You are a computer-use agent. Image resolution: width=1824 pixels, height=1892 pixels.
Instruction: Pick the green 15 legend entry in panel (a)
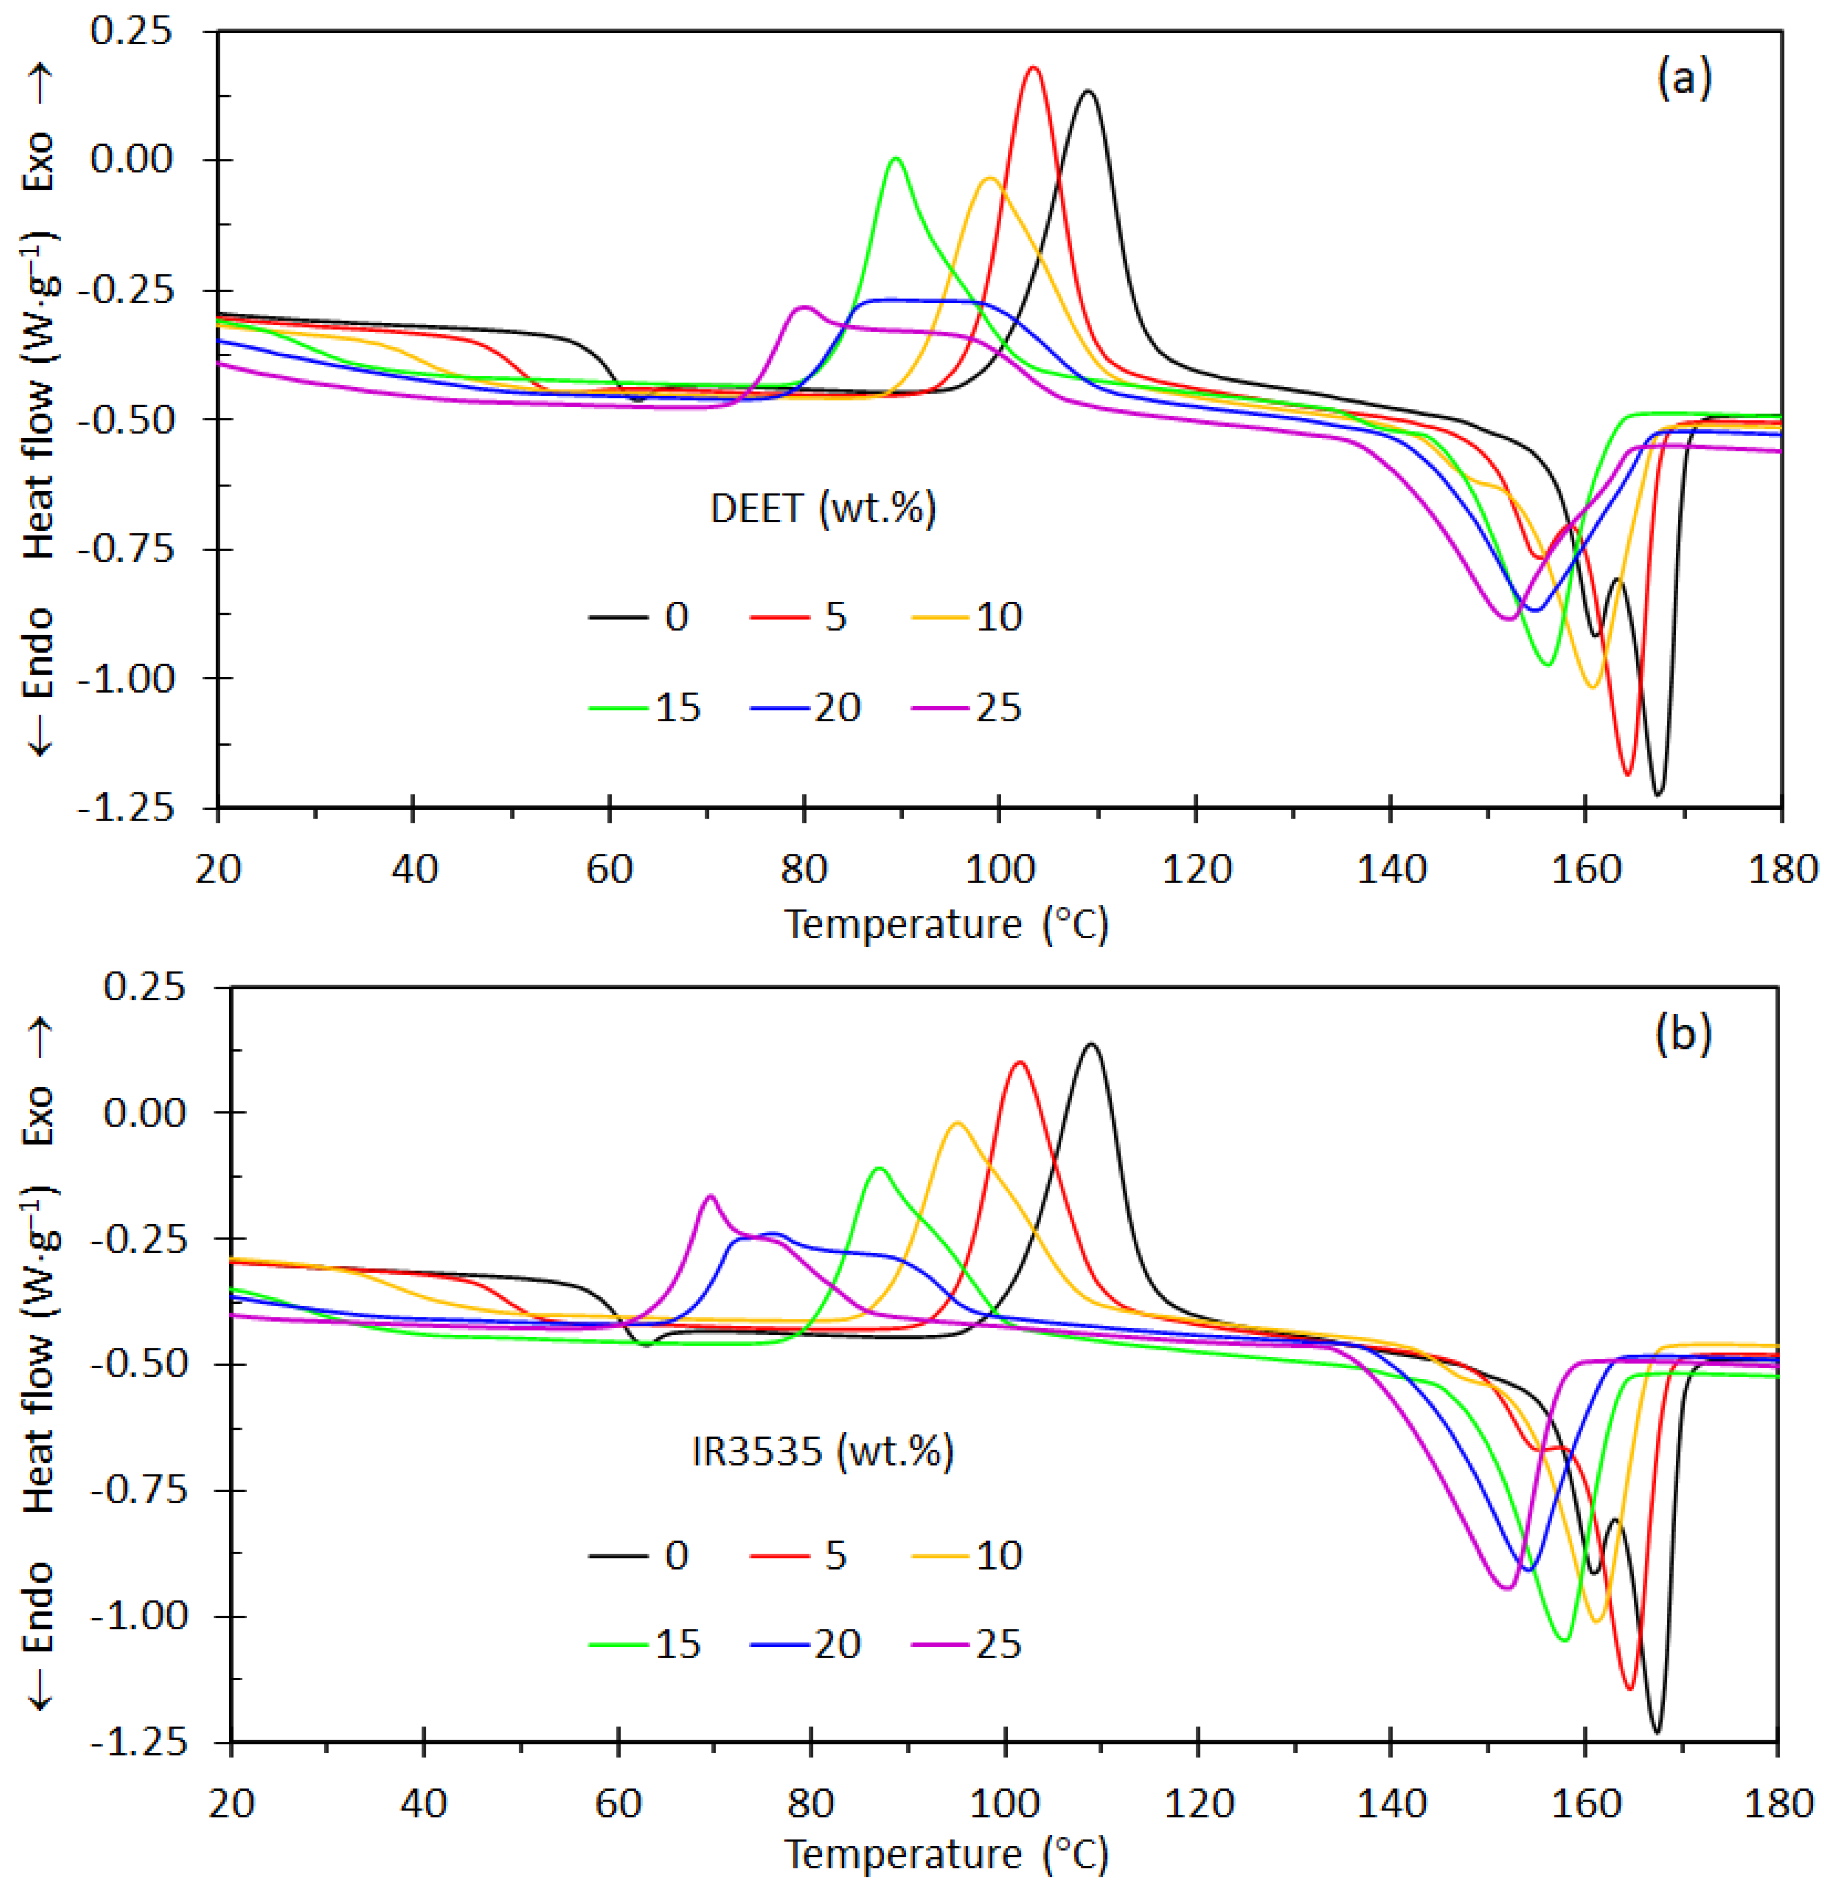pyautogui.click(x=645, y=708)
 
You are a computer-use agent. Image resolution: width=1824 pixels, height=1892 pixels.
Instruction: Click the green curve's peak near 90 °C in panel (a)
pyautogui.click(x=897, y=158)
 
